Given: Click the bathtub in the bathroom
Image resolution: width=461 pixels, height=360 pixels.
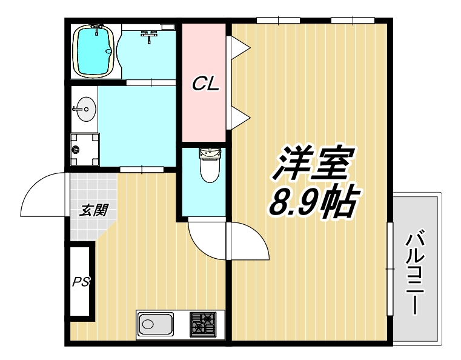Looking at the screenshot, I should (x=94, y=52).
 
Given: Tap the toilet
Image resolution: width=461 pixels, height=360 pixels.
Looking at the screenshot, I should (x=210, y=164).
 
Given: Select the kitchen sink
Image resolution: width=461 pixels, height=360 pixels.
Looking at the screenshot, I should (x=155, y=324).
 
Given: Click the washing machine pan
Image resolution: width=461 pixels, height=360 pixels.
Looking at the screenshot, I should (x=84, y=148).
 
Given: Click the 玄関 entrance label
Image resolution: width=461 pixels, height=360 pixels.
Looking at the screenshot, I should (x=94, y=210).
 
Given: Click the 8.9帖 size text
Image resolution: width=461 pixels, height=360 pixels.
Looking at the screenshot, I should (x=310, y=203).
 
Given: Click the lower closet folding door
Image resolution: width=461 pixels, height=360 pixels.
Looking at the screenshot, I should (x=238, y=116).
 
